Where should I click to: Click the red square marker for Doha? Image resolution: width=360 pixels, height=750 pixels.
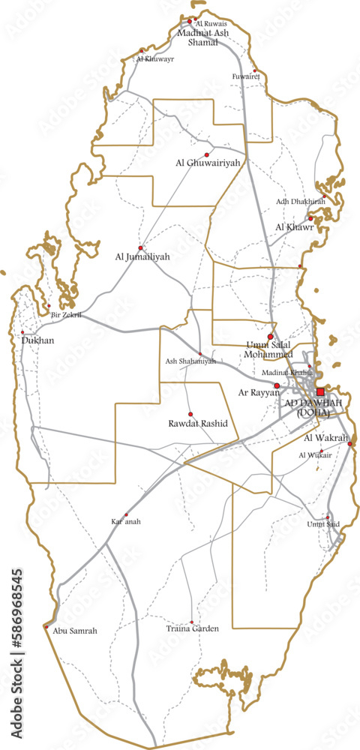pos(320,391)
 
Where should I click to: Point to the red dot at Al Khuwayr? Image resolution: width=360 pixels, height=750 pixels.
pos(141,51)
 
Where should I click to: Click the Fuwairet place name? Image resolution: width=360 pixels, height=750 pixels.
pos(245,76)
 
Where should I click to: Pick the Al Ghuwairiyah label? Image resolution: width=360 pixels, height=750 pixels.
pos(208,162)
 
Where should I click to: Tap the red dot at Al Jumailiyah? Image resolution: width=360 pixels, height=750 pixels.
pos(140,247)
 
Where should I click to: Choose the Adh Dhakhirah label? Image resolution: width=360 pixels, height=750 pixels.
pos(301,202)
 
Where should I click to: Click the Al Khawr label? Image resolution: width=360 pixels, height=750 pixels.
pos(293,226)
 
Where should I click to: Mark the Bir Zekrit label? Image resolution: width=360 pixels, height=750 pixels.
pos(65,315)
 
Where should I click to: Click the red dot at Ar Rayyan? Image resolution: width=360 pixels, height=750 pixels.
pos(277,385)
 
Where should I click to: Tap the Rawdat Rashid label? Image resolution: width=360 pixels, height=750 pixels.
pos(198,424)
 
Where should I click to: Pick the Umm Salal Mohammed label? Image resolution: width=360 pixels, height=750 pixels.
pos(269,349)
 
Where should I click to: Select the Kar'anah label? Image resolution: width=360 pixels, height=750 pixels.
pos(126,521)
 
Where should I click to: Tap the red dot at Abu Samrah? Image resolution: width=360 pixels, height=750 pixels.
pos(46,626)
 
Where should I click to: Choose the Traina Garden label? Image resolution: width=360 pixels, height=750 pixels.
pos(193,629)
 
